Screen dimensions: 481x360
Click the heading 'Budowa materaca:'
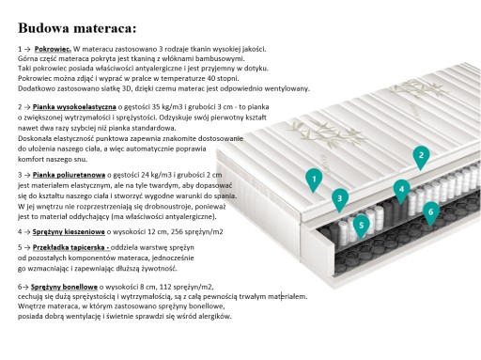click(77, 28)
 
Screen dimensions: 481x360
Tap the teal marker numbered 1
click(314, 180)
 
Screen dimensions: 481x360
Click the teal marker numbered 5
click(362, 227)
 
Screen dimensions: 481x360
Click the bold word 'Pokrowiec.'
click(53, 49)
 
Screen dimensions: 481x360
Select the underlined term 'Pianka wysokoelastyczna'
click(74, 107)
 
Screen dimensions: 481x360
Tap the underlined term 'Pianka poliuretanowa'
click(69, 175)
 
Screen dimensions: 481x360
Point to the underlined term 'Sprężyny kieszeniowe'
click(69, 232)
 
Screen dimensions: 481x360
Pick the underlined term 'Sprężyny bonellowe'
click(64, 287)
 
